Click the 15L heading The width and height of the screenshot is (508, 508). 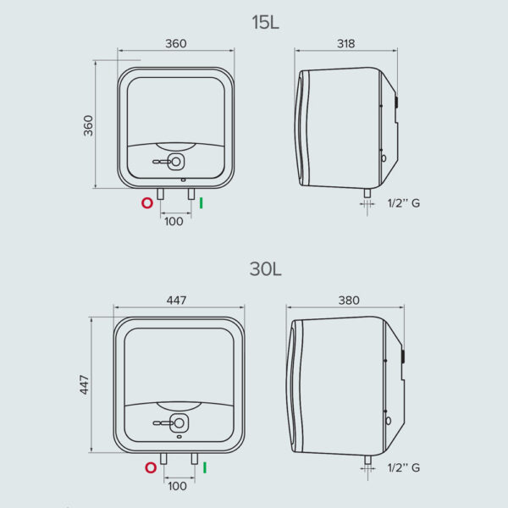(x=265, y=22)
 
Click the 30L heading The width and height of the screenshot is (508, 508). (x=265, y=269)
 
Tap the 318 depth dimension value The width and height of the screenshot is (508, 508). (x=346, y=43)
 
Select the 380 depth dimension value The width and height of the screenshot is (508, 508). (x=349, y=301)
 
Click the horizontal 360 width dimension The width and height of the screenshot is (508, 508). (x=176, y=43)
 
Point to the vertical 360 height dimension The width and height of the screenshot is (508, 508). (x=88, y=125)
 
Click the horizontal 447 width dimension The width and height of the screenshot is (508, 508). (x=177, y=301)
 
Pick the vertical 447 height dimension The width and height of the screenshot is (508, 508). (x=84, y=384)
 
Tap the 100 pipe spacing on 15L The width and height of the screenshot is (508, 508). (x=174, y=222)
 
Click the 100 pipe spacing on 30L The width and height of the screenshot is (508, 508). (x=177, y=486)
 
